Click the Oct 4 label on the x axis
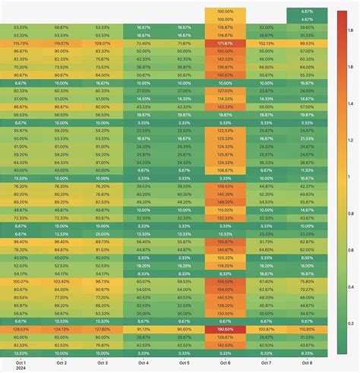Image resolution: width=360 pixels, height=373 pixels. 144,363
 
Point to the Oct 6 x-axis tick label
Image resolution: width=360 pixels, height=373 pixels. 225,363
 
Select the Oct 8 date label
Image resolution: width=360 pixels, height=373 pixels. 307,363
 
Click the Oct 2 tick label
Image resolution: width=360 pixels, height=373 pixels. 62,363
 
